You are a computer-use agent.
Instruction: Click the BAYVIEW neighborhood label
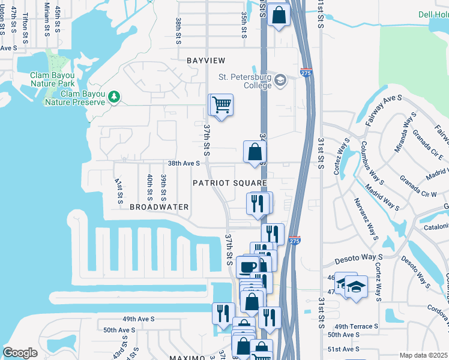point(206,61)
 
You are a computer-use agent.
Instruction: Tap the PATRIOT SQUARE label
point(229,182)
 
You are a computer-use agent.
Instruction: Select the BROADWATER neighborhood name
point(159,207)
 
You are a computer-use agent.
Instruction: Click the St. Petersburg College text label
point(245,81)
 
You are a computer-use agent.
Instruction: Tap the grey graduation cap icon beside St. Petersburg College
point(280,80)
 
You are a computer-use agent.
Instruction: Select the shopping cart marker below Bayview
point(221,106)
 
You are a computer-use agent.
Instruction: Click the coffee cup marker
point(247,265)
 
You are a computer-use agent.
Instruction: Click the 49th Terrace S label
point(353,326)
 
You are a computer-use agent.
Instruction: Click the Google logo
point(20,353)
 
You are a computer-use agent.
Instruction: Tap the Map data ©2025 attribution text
point(423,355)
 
